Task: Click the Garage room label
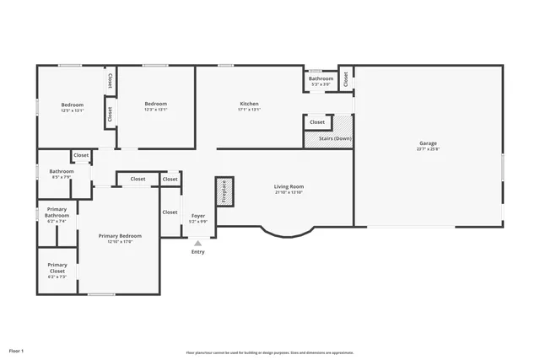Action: pyautogui.click(x=428, y=143)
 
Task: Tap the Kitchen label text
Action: pyautogui.click(x=249, y=104)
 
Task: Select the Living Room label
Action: pyautogui.click(x=289, y=186)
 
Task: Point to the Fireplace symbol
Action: pyautogui.click(x=224, y=191)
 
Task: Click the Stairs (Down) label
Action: pyautogui.click(x=335, y=138)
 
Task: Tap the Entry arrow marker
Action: pyautogui.click(x=198, y=243)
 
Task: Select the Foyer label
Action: pyautogui.click(x=198, y=216)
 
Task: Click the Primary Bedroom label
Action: pyautogui.click(x=120, y=235)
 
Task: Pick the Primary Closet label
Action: pyautogui.click(x=57, y=267)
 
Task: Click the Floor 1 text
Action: pyautogui.click(x=17, y=350)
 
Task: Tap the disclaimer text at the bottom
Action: pyautogui.click(x=270, y=352)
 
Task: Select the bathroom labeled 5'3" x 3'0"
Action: pyautogui.click(x=321, y=78)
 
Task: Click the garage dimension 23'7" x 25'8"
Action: pyautogui.click(x=428, y=149)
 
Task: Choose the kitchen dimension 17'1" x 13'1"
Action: pyautogui.click(x=249, y=110)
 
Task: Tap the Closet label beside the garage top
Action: pyautogui.click(x=346, y=78)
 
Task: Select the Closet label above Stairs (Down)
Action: pyautogui.click(x=317, y=122)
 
